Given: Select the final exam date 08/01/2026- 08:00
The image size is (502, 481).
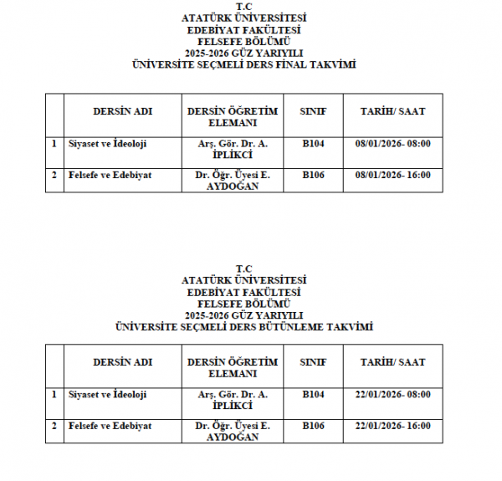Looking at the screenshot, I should pyautogui.click(x=392, y=144).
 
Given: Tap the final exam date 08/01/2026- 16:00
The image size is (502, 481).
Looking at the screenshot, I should pyautogui.click(x=392, y=175).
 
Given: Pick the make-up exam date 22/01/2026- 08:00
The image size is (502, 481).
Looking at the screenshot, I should pyautogui.click(x=392, y=395).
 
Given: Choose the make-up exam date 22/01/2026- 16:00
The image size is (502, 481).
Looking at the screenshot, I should pyautogui.click(x=392, y=426).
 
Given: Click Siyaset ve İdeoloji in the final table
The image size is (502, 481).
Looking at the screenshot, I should pyautogui.click(x=107, y=144).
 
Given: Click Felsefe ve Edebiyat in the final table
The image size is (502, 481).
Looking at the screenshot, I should pyautogui.click(x=110, y=175).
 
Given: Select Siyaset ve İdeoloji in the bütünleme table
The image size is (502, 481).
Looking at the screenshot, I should pyautogui.click(x=107, y=395).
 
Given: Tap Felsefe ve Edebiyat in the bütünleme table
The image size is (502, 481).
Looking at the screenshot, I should pyautogui.click(x=110, y=426).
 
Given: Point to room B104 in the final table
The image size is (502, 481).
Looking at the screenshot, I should pyautogui.click(x=313, y=144).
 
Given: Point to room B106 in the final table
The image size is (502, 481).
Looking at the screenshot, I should pyautogui.click(x=313, y=175).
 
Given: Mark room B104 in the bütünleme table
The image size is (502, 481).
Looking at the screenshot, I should pyautogui.click(x=313, y=395).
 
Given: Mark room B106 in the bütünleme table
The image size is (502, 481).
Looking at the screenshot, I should pyautogui.click(x=313, y=426).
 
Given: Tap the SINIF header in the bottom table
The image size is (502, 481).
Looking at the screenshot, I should pyautogui.click(x=313, y=362).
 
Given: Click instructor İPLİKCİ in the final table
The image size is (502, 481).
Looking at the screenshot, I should pyautogui.click(x=232, y=155).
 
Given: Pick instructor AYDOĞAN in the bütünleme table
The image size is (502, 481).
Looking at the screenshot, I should pyautogui.click(x=232, y=437).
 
